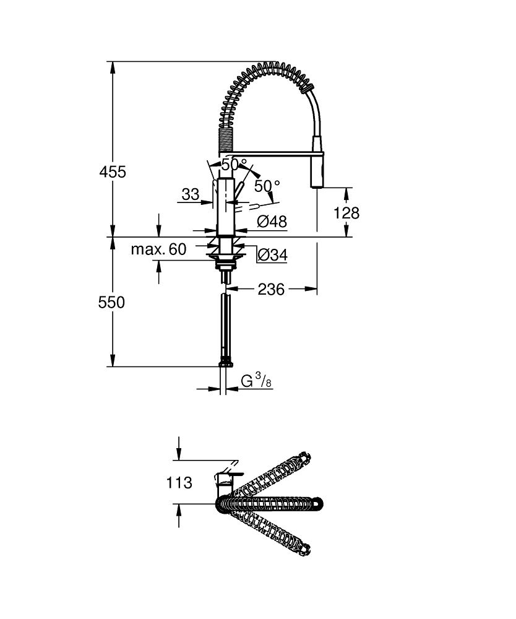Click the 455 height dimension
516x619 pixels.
click(x=113, y=172)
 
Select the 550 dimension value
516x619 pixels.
click(x=111, y=303)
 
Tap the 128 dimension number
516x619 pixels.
click(x=346, y=213)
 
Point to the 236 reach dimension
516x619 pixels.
click(x=271, y=289)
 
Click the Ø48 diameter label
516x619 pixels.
click(x=272, y=222)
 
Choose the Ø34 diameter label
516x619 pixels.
click(x=272, y=254)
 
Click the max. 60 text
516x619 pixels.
click(x=158, y=249)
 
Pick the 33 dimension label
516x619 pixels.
click(x=191, y=194)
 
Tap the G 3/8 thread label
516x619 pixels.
click(x=256, y=381)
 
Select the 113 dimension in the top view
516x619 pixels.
click(x=179, y=482)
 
